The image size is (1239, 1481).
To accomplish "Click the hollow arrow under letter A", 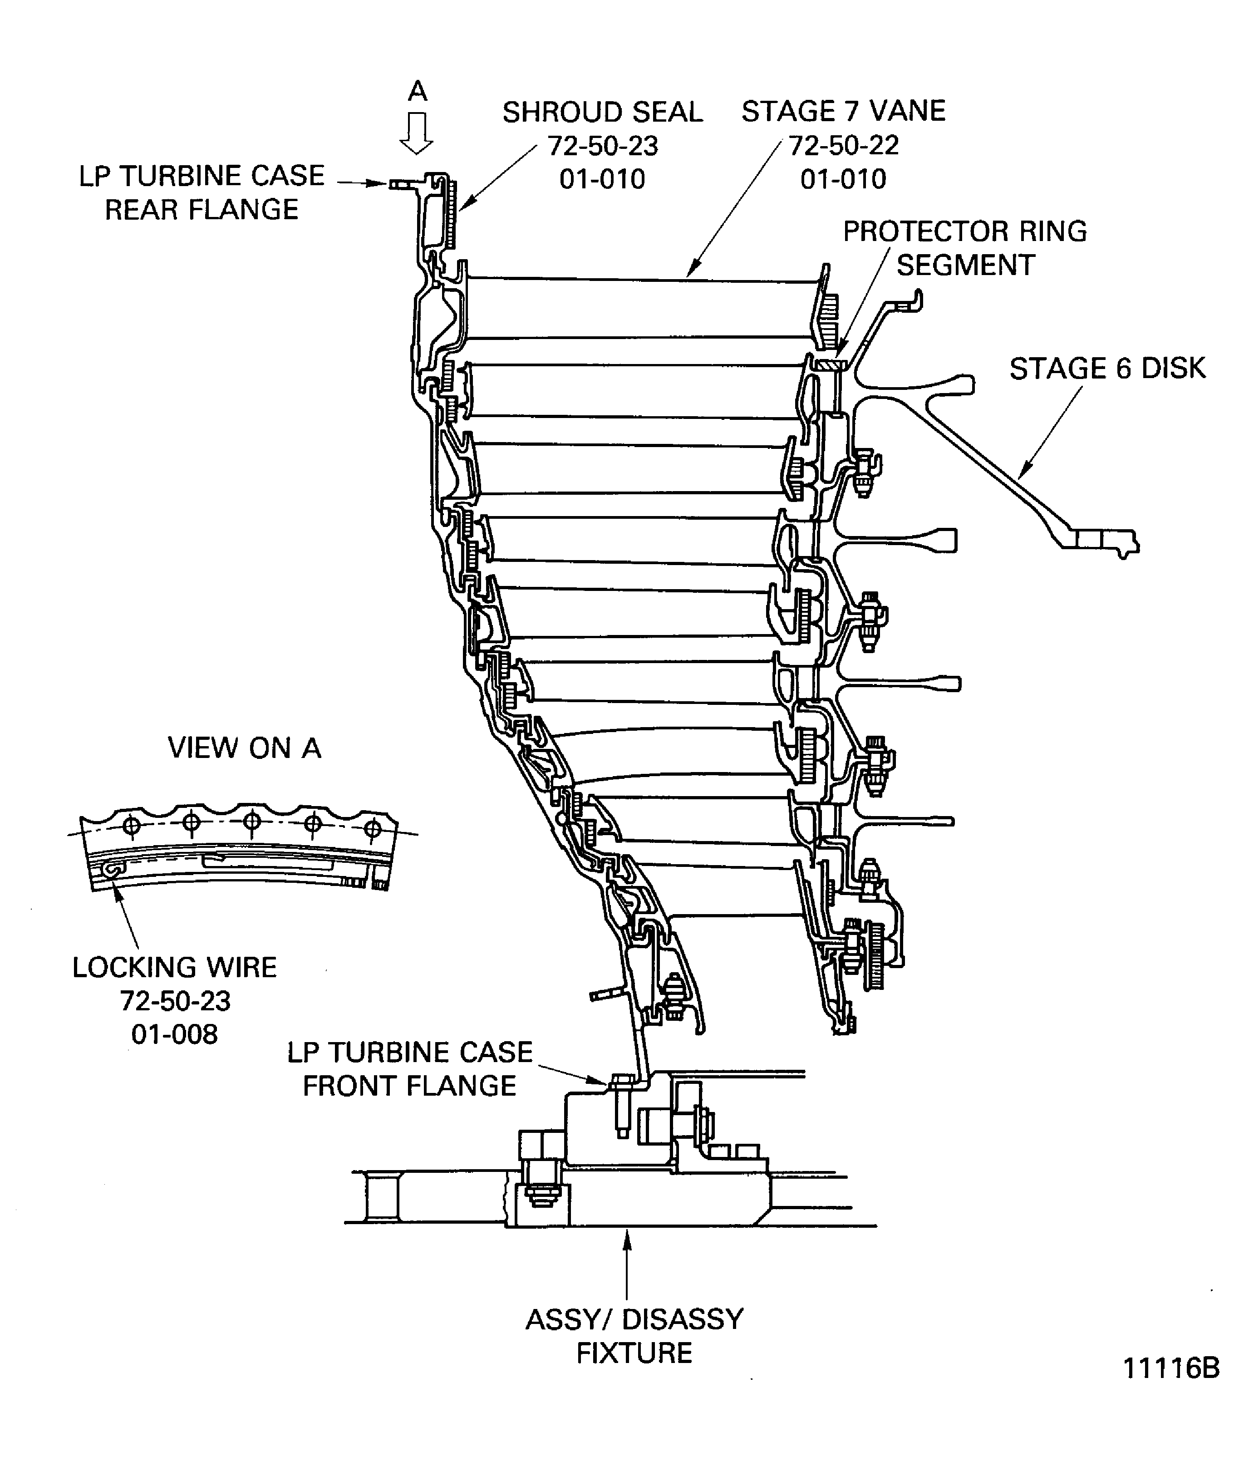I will point(417,133).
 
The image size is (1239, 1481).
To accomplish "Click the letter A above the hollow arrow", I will point(418,91).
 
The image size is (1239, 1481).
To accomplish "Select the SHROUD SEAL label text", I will point(602,112).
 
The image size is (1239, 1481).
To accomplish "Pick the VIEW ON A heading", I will point(244,748).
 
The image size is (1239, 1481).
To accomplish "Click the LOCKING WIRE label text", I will point(174,968).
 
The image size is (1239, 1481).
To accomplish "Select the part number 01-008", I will point(174,1034).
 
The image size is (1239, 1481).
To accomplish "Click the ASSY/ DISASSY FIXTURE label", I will point(634,1336).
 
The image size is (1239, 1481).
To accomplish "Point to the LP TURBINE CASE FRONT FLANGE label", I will point(410,1068).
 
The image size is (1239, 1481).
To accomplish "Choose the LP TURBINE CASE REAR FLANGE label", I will point(202,192).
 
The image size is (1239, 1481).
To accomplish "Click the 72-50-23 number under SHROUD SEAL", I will point(603,146).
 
